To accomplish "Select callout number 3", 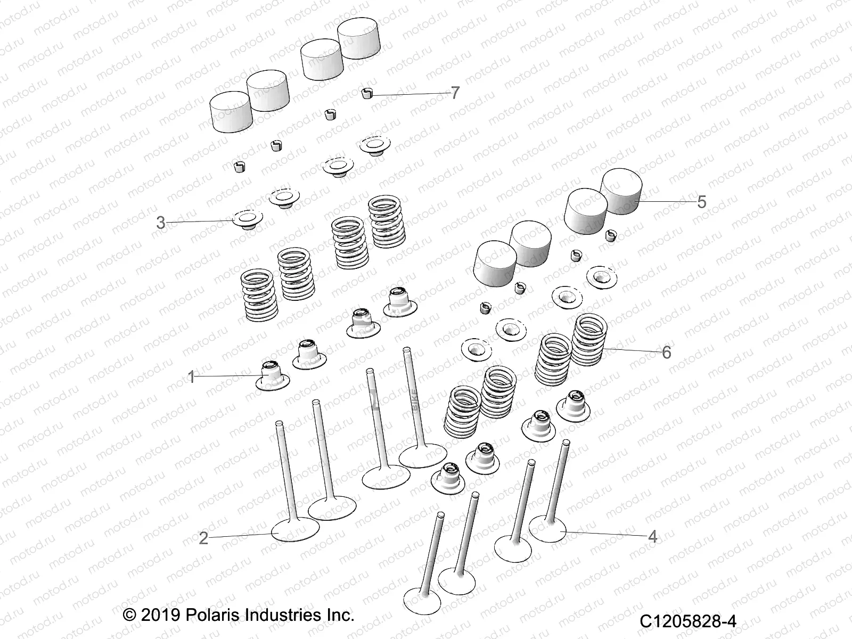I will tap(161, 223).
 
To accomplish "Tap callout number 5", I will tap(701, 202).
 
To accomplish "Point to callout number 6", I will tap(666, 352).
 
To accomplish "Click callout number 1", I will tap(192, 377).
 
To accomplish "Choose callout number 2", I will tap(203, 538).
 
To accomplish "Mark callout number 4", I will tap(653, 537).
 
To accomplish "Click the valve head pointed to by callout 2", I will tap(295, 529).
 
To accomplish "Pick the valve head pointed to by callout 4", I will tap(547, 528).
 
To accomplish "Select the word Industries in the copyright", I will tap(284, 616).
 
